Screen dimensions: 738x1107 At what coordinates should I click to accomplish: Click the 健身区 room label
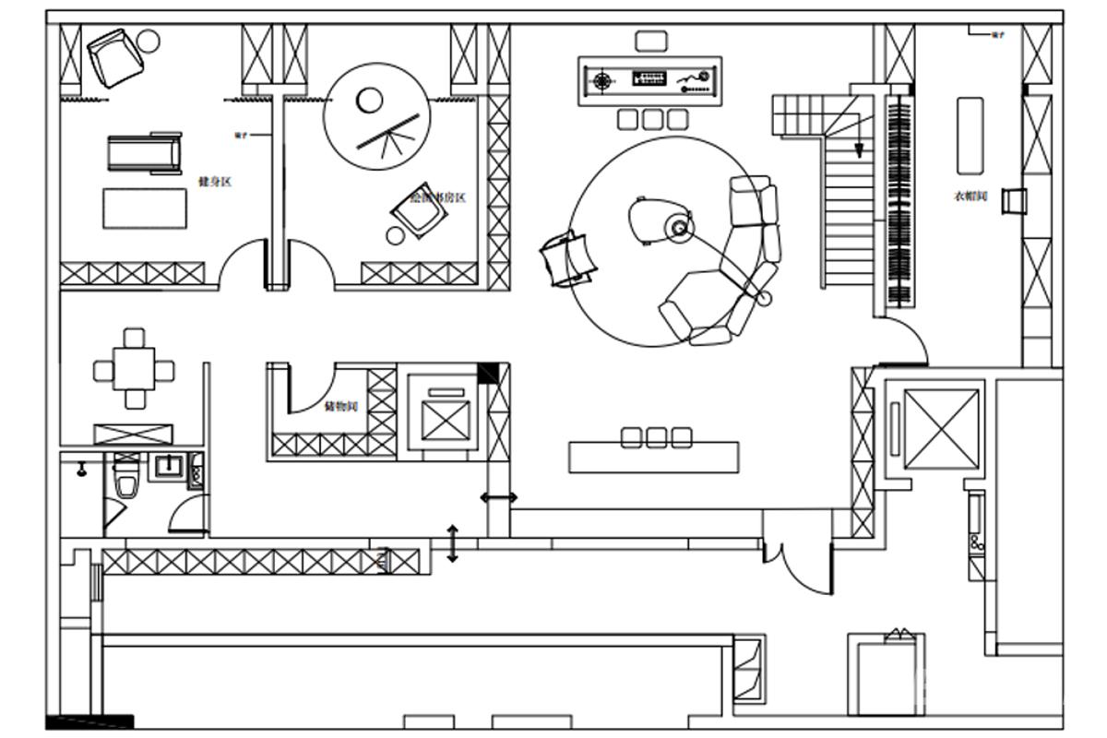click(x=214, y=182)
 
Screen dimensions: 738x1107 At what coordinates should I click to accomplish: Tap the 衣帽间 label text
click(x=970, y=196)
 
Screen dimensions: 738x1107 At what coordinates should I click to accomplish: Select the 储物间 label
click(x=340, y=406)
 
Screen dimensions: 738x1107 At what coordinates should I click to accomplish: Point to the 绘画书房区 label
click(x=437, y=197)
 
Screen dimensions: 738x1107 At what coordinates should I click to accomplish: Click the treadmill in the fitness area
click(x=144, y=153)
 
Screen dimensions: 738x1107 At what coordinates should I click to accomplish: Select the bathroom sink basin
click(x=168, y=466)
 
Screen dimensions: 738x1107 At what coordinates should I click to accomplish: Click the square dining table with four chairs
click(x=135, y=370)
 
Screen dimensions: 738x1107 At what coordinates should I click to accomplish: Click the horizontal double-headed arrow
click(x=499, y=498)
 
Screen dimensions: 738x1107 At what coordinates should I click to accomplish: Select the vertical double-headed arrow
click(x=452, y=543)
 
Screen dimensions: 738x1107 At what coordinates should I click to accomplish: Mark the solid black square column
click(x=487, y=373)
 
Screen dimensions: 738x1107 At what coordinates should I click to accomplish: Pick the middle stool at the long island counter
click(x=656, y=437)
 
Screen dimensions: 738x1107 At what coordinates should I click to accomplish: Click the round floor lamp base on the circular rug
click(x=680, y=227)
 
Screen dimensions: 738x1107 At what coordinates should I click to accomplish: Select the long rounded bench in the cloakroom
click(x=970, y=136)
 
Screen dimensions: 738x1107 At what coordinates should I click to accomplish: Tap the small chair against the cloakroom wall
click(x=1014, y=200)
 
